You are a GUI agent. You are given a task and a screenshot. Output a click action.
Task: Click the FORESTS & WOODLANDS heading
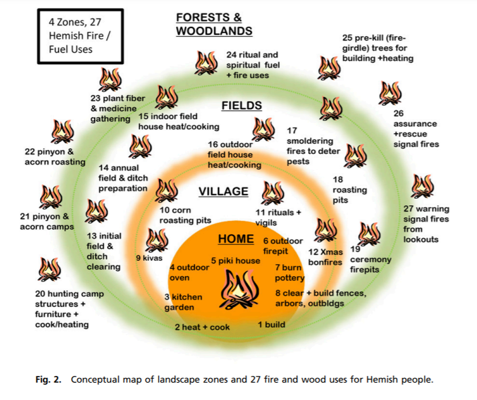(214, 24)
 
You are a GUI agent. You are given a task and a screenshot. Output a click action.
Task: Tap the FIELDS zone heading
(241, 106)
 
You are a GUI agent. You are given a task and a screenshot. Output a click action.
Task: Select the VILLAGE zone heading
(223, 192)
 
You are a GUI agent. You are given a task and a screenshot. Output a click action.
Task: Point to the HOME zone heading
(236, 239)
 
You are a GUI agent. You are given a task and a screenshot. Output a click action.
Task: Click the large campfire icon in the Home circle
(238, 287)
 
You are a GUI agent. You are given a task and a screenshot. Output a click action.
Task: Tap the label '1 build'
(272, 324)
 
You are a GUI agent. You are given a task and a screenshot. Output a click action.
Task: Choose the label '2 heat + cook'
(202, 327)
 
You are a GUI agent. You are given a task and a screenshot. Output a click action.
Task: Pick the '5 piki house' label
(235, 260)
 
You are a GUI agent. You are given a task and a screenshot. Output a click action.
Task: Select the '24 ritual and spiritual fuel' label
(252, 65)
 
